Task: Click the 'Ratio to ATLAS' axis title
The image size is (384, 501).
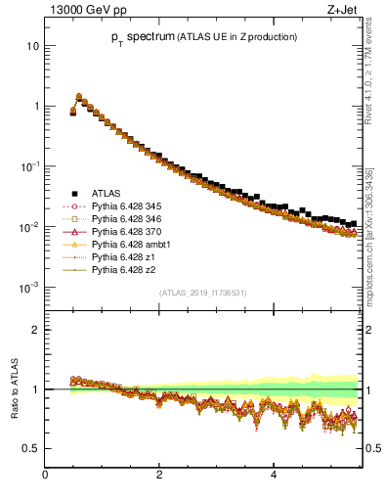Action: pos(13,389)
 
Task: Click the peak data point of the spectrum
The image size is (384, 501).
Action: pos(79,97)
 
